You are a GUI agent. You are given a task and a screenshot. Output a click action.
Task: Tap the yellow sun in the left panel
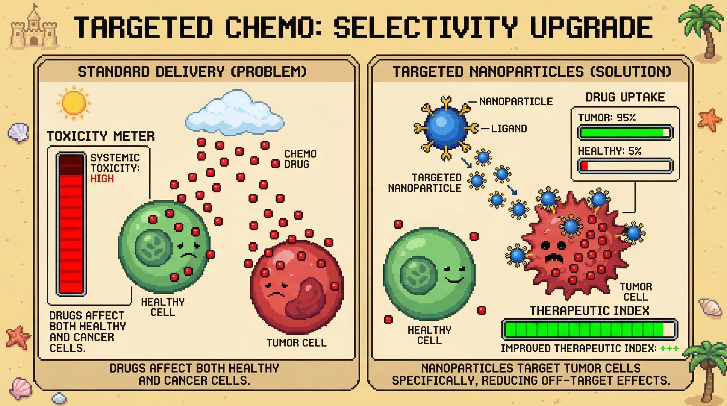[73, 103]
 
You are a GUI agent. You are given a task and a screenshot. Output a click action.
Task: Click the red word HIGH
[102, 179]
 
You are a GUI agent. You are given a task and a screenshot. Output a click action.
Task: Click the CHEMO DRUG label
[300, 159]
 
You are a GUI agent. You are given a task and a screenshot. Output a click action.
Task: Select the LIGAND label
[509, 129]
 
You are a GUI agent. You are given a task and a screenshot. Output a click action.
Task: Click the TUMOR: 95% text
[607, 118]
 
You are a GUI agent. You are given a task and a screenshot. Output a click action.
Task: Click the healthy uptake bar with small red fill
[625, 166]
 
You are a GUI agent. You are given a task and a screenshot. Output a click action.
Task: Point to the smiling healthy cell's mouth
[454, 280]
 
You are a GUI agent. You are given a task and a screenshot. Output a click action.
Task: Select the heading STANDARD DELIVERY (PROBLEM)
[192, 72]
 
